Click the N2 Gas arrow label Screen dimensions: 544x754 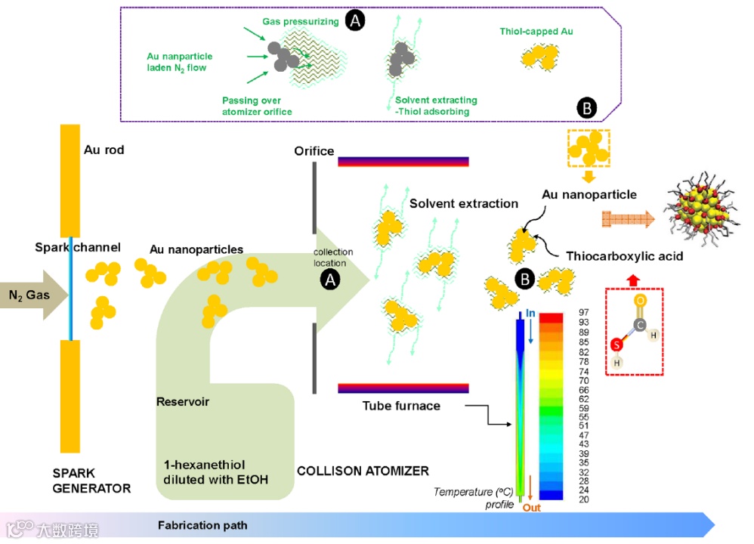coord(29,295)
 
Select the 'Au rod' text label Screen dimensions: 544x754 coord(104,150)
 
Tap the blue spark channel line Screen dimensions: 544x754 coord(71,287)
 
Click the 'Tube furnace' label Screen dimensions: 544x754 coord(400,406)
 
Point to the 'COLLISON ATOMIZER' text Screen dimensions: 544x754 coord(363,471)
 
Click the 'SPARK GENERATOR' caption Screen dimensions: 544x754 coord(91,481)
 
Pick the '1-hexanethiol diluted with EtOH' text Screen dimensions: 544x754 coord(216,471)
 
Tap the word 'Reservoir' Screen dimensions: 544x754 coord(182,401)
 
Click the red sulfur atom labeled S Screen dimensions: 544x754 coord(617,345)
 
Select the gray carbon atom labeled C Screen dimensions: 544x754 coord(640,325)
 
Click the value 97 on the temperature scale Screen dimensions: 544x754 coord(582,312)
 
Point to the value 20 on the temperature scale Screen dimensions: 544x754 coord(582,499)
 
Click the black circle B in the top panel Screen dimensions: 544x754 coord(586,108)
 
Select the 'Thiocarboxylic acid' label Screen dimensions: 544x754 coord(624,256)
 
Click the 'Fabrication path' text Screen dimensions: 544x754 coord(202,525)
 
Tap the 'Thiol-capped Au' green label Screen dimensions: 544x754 coord(536,32)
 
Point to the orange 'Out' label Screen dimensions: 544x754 coord(532,508)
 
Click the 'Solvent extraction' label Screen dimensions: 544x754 coord(464,203)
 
